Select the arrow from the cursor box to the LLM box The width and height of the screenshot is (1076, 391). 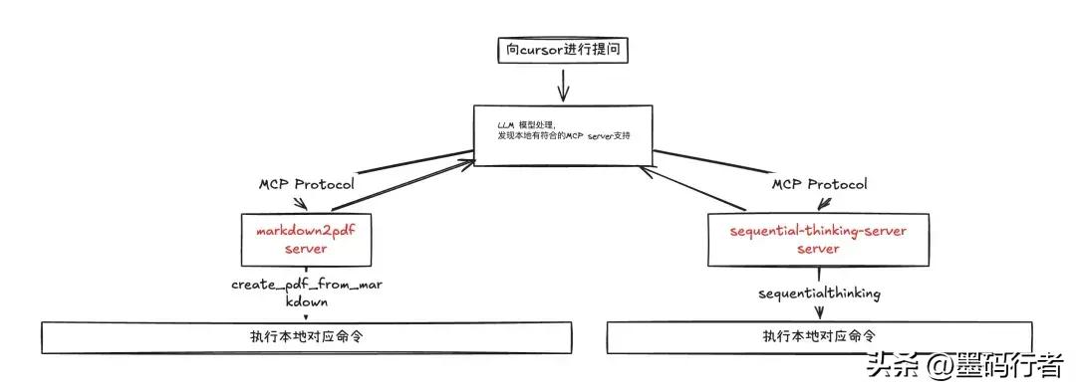564,86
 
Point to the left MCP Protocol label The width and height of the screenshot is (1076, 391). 307,184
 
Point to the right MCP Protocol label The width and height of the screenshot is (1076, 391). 819,184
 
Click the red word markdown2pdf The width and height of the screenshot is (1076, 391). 312,231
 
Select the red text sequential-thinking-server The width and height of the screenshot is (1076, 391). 817,231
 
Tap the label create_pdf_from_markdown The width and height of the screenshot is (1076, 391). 307,293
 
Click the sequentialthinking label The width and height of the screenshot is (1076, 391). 819,293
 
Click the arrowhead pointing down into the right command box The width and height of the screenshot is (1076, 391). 820,315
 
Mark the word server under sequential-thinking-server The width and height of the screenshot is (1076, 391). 817,249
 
